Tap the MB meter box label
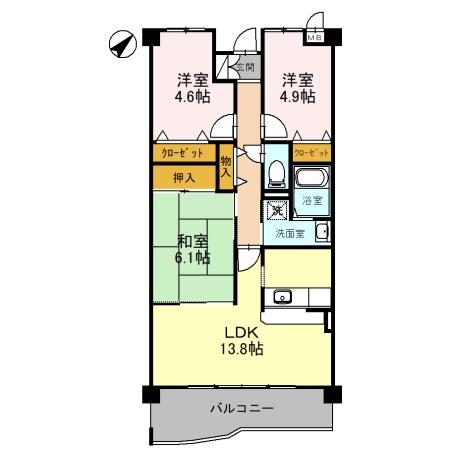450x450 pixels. (316, 38)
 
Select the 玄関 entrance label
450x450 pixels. (244, 67)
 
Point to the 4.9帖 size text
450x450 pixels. (297, 97)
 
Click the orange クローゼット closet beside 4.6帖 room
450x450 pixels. (183, 153)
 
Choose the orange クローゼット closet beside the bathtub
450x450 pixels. (311, 153)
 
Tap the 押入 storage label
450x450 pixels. (183, 178)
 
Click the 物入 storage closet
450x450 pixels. (226, 166)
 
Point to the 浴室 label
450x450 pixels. (313, 201)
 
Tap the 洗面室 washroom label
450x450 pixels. (290, 232)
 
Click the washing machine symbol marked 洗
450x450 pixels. (276, 210)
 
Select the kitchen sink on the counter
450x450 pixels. (282, 296)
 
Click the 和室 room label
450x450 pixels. (193, 241)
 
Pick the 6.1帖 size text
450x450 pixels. (194, 259)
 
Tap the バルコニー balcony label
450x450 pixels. (240, 408)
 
